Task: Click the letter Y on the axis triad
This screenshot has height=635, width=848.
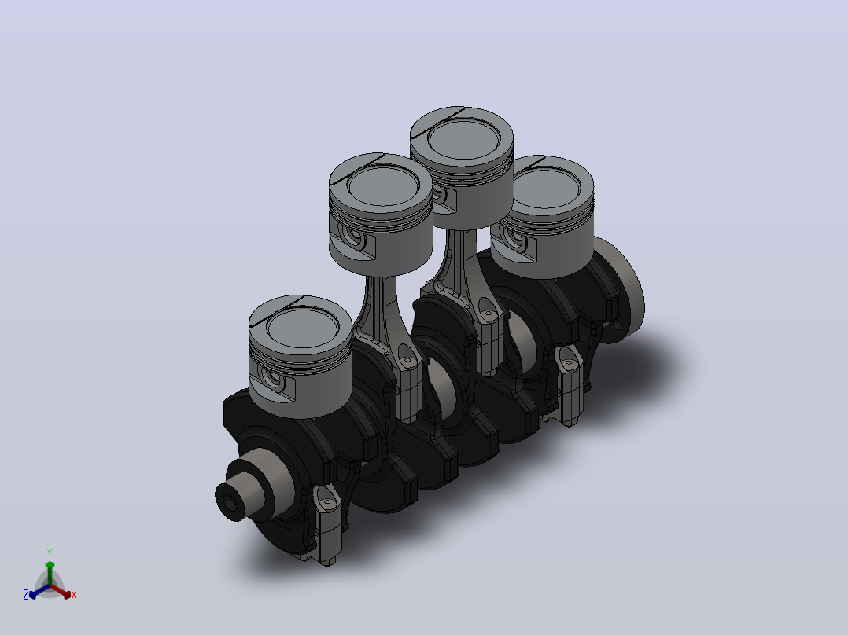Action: [x=50, y=552]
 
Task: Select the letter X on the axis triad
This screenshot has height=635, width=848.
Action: [x=74, y=595]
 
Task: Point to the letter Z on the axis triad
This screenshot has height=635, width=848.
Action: [x=26, y=595]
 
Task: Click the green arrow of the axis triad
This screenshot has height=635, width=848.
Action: [x=50, y=572]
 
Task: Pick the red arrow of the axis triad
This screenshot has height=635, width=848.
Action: [x=61, y=591]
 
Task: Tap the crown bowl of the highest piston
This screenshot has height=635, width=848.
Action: [x=462, y=138]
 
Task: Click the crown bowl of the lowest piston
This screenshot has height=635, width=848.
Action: [x=302, y=328]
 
